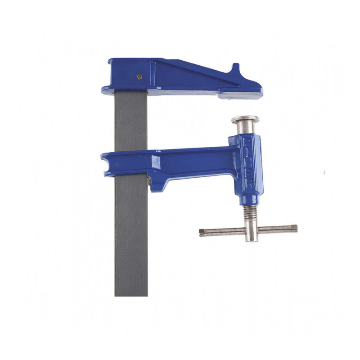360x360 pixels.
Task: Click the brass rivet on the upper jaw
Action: tap(139, 76)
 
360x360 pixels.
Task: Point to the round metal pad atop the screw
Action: tap(245, 120)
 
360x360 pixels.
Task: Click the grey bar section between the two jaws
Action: tap(131, 121)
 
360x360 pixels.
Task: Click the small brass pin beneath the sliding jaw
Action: tap(149, 181)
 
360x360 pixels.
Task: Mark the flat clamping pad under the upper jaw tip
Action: tap(238, 95)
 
